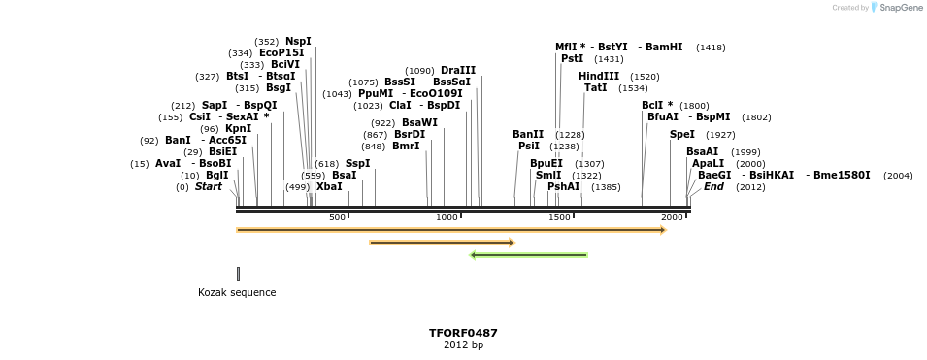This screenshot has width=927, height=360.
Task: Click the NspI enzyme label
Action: tap(298, 41)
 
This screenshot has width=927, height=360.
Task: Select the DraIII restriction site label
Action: tap(458, 70)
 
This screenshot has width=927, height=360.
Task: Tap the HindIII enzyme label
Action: tap(599, 76)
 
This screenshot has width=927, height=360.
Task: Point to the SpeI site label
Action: tap(682, 134)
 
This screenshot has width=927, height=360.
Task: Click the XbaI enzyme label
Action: tap(329, 186)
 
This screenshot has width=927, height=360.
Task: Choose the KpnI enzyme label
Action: tap(238, 128)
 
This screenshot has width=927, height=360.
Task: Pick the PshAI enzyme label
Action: tap(563, 186)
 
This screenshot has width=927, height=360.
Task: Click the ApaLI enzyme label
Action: tap(708, 163)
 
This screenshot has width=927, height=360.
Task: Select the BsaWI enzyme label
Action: tap(419, 122)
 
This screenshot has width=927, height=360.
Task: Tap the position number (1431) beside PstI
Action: tap(609, 59)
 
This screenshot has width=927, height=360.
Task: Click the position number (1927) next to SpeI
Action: tap(720, 135)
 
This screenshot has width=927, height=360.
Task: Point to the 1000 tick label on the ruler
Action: tap(447, 217)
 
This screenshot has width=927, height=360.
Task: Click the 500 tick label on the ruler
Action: tap(337, 217)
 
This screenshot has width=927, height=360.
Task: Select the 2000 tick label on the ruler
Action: tap(672, 217)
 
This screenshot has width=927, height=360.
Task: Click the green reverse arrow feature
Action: tap(528, 255)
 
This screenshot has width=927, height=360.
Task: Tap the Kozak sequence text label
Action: tap(237, 292)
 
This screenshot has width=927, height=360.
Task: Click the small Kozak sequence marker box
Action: tap(238, 274)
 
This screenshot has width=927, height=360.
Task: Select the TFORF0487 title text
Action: tap(463, 333)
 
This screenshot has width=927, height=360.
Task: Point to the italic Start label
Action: tap(209, 186)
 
